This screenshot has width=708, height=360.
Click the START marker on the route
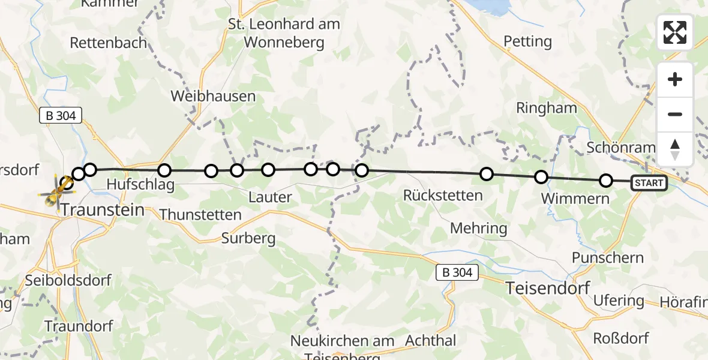pyautogui.click(x=649, y=183)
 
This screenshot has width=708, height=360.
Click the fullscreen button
pyautogui.click(x=675, y=32)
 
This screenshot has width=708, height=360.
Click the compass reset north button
pyautogui.click(x=675, y=149)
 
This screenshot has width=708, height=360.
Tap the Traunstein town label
pyautogui.click(x=103, y=210)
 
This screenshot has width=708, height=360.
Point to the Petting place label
pyautogui.click(x=527, y=41)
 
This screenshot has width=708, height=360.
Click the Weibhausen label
pyautogui.click(x=213, y=96)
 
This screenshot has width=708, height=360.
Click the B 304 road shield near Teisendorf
pyautogui.click(x=457, y=273)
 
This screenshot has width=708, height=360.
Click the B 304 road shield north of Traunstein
pyautogui.click(x=61, y=116)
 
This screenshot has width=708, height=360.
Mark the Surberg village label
pyautogui.click(x=248, y=238)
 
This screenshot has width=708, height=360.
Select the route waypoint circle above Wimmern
pyautogui.click(x=541, y=177)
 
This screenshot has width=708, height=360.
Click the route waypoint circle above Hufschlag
pyautogui.click(x=164, y=171)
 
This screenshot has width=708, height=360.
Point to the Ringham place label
pyautogui.click(x=547, y=108)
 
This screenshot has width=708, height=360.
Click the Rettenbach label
pyautogui.click(x=109, y=43)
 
